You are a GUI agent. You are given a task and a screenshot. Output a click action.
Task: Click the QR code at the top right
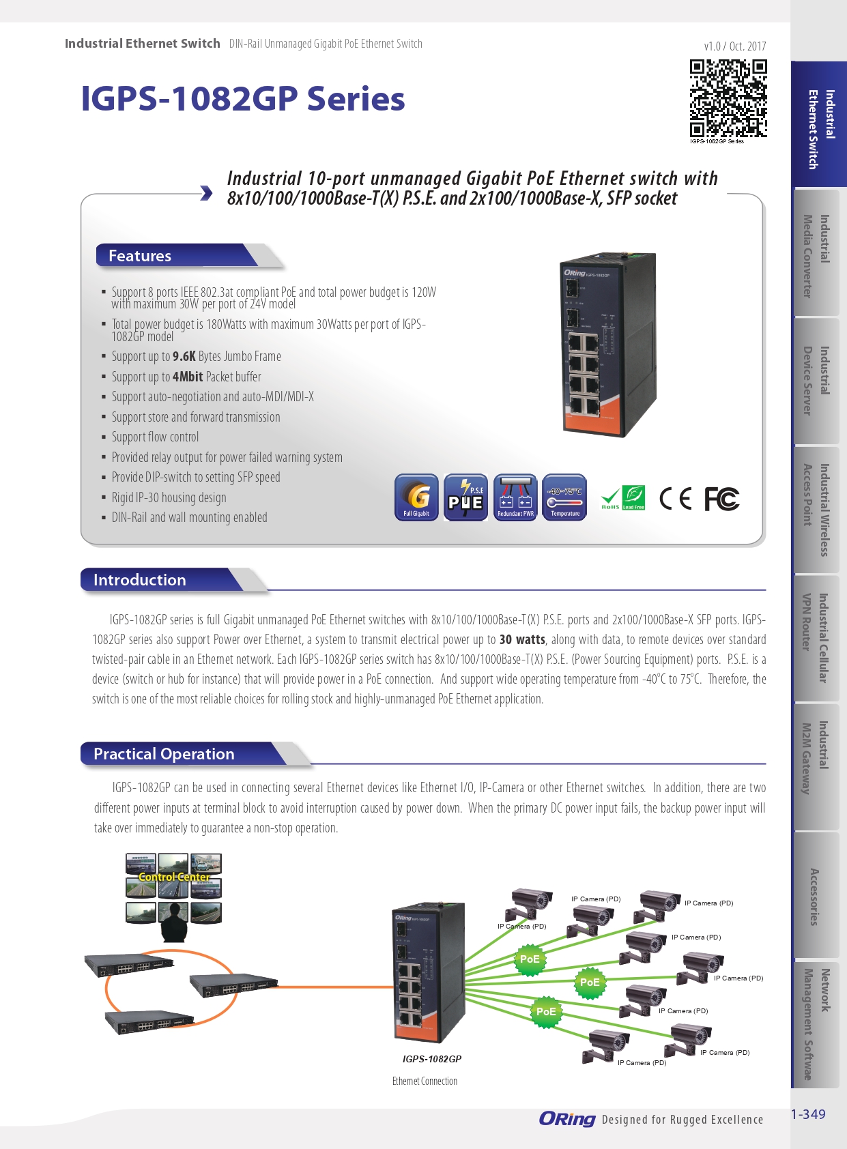pyautogui.click(x=728, y=98)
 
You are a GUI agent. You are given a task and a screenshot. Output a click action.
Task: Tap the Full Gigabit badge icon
pyautogui.click(x=416, y=497)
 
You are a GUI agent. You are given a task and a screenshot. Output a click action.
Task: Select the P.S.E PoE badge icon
pyautogui.click(x=465, y=497)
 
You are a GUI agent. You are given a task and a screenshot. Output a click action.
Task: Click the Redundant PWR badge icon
pyautogui.click(x=515, y=497)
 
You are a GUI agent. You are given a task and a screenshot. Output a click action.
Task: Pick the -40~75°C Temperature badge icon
pyautogui.click(x=564, y=497)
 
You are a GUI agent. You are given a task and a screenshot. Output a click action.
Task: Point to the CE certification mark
pyautogui.click(x=675, y=499)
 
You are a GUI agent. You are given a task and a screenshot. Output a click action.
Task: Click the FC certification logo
pyautogui.click(x=721, y=499)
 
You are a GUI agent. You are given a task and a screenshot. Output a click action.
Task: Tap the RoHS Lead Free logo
pyautogui.click(x=622, y=498)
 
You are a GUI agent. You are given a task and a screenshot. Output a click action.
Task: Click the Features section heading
pyautogui.click(x=140, y=256)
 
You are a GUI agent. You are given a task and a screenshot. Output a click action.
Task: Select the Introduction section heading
pyautogui.click(x=140, y=580)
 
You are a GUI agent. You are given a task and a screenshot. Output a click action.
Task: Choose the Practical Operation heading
pyautogui.click(x=164, y=754)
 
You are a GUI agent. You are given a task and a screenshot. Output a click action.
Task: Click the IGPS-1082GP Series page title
pyautogui.click(x=243, y=99)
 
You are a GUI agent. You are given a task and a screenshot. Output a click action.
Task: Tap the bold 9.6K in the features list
pyautogui.click(x=184, y=356)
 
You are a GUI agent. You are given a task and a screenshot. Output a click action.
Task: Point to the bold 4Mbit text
pyautogui.click(x=188, y=377)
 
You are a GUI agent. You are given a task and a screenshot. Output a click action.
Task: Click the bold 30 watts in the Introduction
pyautogui.click(x=522, y=639)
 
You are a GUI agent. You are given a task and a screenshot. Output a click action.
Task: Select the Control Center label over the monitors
pyautogui.click(x=174, y=877)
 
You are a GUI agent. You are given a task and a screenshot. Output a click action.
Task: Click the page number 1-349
pyautogui.click(x=808, y=1114)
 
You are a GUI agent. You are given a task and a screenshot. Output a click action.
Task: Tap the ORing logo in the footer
pyautogui.click(x=567, y=1119)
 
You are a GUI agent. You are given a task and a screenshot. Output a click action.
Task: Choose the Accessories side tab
pyautogui.click(x=814, y=897)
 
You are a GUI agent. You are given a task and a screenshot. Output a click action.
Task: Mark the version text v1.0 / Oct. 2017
pyautogui.click(x=735, y=46)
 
